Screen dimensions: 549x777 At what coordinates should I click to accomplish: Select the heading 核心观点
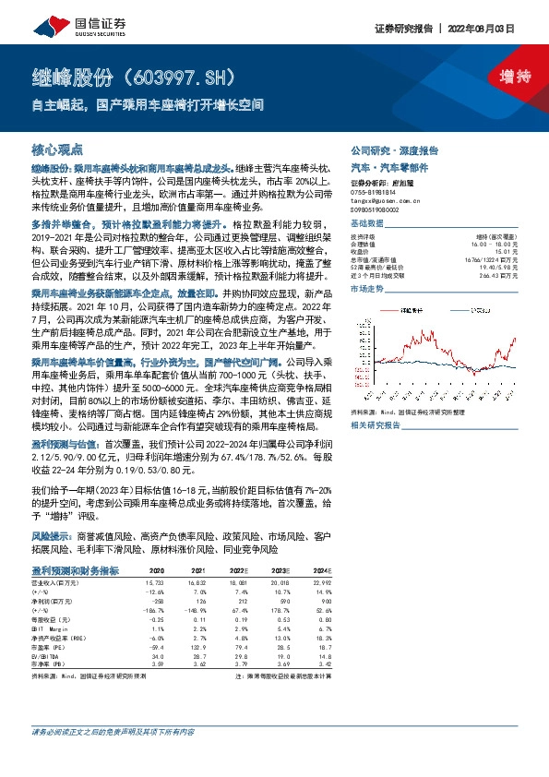[58, 149]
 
